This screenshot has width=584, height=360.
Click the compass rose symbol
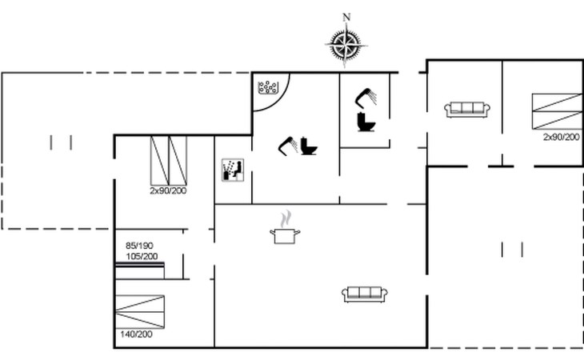346,45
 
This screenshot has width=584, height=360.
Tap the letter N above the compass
346,17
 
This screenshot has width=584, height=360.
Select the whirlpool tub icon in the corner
268,88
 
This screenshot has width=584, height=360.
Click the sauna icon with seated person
233,170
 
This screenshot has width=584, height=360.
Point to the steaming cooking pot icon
285,228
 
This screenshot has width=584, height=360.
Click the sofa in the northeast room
467,110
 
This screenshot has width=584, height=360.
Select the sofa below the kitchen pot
365,294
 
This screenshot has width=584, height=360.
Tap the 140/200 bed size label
136,334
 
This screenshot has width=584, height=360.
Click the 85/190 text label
139,246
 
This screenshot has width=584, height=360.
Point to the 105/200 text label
142,257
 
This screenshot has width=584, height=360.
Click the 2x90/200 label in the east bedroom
562,137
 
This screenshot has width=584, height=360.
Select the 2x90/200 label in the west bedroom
168,191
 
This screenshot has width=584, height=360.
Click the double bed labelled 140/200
140,312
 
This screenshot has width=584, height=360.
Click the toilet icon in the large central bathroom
309,146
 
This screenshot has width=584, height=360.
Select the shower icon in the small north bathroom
366,97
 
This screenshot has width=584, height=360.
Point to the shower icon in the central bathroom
288,146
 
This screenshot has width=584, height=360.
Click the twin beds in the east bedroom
557,111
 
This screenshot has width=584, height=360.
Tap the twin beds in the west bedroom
168,161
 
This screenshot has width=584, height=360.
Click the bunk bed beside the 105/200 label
140,270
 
